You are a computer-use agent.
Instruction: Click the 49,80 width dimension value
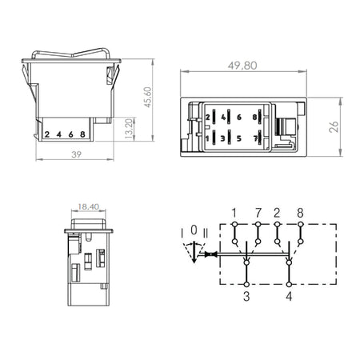(x=242, y=66)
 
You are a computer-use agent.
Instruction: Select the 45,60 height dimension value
(x=147, y=97)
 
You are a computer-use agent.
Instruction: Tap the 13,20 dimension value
(x=129, y=129)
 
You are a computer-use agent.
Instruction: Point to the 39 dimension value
(x=76, y=154)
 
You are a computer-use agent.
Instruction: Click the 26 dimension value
(x=334, y=126)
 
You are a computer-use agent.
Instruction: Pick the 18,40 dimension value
(x=88, y=206)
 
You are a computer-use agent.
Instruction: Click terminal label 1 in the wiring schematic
(x=234, y=213)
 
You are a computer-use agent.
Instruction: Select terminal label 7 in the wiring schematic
(x=258, y=213)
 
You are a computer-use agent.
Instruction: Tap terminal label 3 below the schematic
(x=246, y=296)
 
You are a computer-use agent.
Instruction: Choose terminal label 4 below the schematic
(x=289, y=296)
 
